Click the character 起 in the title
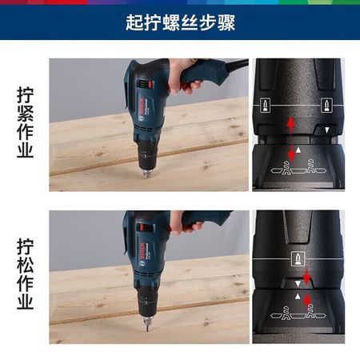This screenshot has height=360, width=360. pyautogui.click(x=134, y=22)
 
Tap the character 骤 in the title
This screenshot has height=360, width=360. pyautogui.click(x=226, y=22)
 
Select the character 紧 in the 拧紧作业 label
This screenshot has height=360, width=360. pyautogui.click(x=26, y=114)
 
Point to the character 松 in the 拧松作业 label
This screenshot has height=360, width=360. pyautogui.click(x=26, y=266)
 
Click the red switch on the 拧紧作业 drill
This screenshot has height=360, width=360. pyautogui.click(x=150, y=84)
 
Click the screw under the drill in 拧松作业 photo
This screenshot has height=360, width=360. pyautogui.click(x=147, y=327)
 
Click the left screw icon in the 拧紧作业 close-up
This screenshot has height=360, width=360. pyautogui.click(x=266, y=106)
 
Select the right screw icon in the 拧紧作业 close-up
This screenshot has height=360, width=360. pyautogui.click(x=326, y=106)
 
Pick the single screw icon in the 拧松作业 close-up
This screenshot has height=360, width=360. pyautogui.click(x=298, y=258)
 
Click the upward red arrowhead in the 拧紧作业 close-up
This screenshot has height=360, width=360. pyautogui.click(x=290, y=122)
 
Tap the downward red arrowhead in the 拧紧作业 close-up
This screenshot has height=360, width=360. pyautogui.click(x=291, y=157)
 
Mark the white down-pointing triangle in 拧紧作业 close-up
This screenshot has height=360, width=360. pyautogui.click(x=327, y=130)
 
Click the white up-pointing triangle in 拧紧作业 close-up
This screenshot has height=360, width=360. pyautogui.click(x=298, y=150)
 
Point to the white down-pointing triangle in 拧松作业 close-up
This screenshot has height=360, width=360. pyautogui.click(x=298, y=284)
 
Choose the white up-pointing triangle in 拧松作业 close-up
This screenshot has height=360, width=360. pyautogui.click(x=298, y=297)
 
